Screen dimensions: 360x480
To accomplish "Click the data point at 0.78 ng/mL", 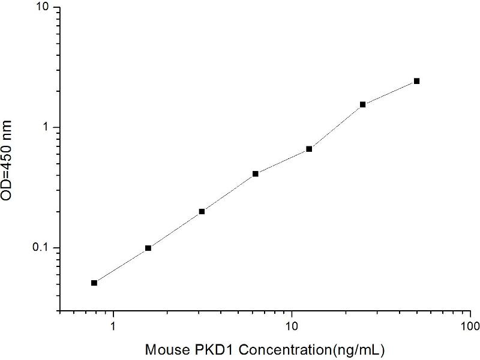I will [94, 283].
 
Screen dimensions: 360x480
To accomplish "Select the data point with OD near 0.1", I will [148, 248].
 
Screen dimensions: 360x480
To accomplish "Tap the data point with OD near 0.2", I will [202, 211].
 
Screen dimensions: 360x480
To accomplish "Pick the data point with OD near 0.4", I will [256, 174].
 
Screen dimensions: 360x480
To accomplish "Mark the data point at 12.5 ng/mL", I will [309, 149].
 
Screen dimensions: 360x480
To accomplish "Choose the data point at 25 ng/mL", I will [363, 104].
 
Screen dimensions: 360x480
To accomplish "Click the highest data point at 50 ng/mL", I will [416, 81].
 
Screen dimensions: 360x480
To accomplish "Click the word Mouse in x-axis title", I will [164, 349].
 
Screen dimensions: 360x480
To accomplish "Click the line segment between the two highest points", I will [390, 92].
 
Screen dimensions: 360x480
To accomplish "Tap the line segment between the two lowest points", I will [121, 265].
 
